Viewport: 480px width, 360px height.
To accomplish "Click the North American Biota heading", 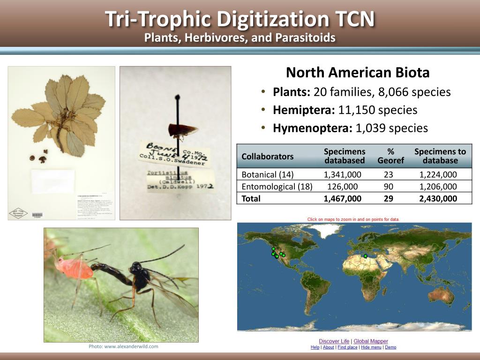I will (x=358, y=73).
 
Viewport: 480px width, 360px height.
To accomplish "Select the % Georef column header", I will (x=390, y=156).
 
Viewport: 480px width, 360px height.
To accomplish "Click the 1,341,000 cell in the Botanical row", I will (x=342, y=175).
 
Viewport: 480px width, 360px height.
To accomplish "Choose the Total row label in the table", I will (x=251, y=198).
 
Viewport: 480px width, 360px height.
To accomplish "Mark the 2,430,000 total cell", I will (x=440, y=198).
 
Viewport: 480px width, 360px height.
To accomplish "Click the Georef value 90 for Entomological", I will (x=389, y=187).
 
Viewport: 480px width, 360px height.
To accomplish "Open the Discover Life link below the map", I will (x=335, y=341).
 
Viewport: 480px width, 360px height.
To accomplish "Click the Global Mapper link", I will (x=371, y=341).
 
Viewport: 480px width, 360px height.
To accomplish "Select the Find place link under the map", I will (x=347, y=347).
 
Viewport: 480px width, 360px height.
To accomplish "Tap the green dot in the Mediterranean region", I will (x=366, y=256).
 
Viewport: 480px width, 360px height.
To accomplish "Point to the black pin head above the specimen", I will (x=178, y=98).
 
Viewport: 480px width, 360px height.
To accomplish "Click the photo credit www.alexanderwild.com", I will (x=123, y=346).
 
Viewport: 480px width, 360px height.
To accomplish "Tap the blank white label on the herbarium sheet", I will (x=52, y=180).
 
